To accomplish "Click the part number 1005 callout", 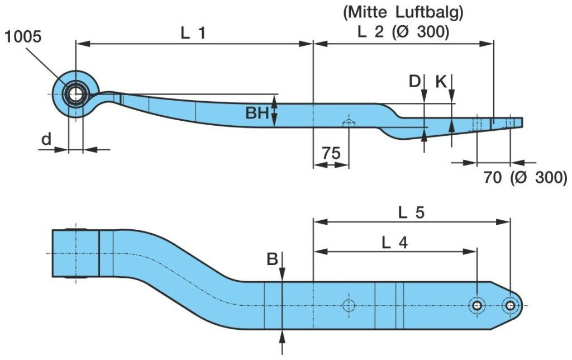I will click(23, 37).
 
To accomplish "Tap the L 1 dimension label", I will click(193, 33).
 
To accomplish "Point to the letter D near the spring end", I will click(414, 82).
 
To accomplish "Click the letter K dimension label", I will click(441, 82).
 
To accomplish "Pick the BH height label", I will click(258, 113).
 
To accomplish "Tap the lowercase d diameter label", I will click(46, 139).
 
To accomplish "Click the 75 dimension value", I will click(331, 153).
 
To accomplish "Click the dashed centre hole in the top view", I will click(349, 305).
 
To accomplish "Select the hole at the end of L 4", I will click(476, 305).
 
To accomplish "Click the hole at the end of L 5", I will click(509, 305).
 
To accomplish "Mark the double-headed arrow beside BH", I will click(275, 111).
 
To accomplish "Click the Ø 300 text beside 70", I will click(539, 178).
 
